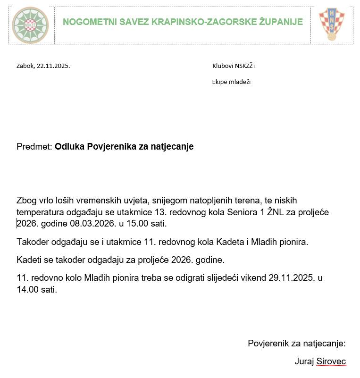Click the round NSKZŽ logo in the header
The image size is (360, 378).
[x=30, y=25]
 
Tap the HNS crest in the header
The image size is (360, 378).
[x=332, y=24]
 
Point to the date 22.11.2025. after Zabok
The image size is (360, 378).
[x=53, y=66]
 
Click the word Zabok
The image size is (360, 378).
[x=25, y=66]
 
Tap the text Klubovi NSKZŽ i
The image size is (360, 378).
[x=234, y=66]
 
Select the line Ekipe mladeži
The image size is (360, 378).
[x=231, y=82]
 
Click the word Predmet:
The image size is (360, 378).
[x=34, y=147]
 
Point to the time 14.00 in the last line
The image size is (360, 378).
[x=27, y=289]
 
